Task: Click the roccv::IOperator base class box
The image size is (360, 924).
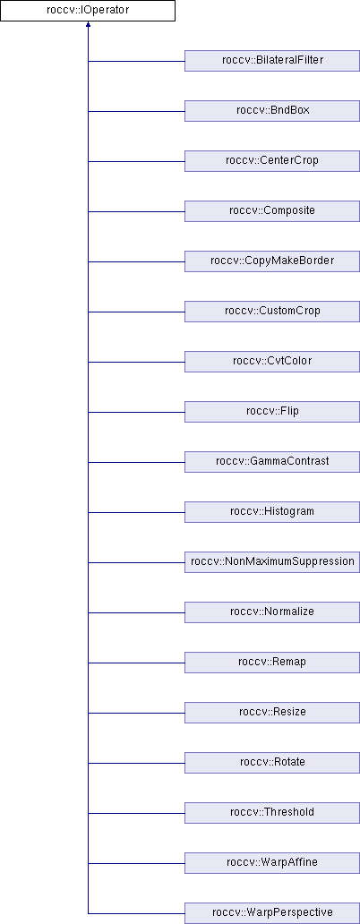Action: click(x=88, y=11)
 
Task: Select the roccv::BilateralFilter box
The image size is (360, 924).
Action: click(x=272, y=61)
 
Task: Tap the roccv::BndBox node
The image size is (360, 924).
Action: click(x=272, y=111)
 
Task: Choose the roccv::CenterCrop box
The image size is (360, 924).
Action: click(x=272, y=161)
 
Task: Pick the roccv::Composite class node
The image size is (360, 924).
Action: click(x=272, y=211)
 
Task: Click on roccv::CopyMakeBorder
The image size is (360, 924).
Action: click(x=272, y=261)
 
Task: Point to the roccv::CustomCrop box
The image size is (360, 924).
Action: click(x=272, y=312)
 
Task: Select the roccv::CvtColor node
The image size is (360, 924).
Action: click(x=272, y=361)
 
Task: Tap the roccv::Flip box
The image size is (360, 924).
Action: click(x=272, y=411)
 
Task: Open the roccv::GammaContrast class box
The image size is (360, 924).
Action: click(x=272, y=461)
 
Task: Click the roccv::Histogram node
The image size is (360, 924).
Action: click(x=272, y=511)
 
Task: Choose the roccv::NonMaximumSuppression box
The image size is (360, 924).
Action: click(x=272, y=561)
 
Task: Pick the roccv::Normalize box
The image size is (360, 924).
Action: click(x=272, y=612)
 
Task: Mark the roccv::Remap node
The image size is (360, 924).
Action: click(x=272, y=662)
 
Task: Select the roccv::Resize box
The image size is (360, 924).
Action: click(x=272, y=712)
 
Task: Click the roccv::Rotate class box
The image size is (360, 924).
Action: click(x=272, y=762)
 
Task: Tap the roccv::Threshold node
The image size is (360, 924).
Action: click(x=272, y=812)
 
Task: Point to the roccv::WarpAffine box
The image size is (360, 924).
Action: click(x=272, y=862)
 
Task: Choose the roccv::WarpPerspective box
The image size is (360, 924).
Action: click(x=272, y=912)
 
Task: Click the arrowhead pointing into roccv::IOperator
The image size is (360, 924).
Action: click(x=88, y=25)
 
